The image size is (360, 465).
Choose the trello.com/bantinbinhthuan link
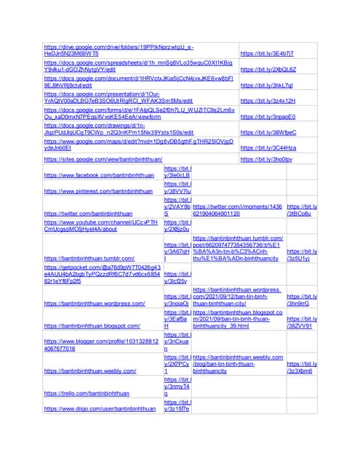[90, 393]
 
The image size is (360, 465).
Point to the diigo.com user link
[100, 409]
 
